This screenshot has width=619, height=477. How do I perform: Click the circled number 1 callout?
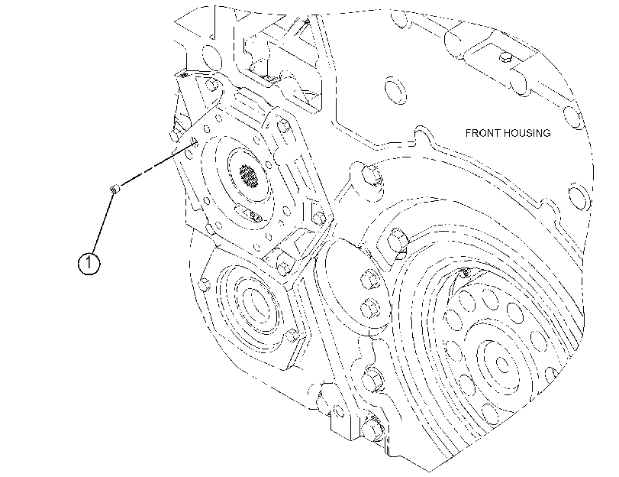89,263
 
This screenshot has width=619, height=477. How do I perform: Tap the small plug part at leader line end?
114,190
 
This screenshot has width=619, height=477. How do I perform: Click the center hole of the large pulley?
501,364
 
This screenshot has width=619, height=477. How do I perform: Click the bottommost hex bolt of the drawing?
371,427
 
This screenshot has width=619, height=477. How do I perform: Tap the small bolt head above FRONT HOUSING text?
506,58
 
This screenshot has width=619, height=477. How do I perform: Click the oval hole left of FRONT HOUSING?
395,90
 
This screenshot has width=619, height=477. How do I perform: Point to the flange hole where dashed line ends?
195,142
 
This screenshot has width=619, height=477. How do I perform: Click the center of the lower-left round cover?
253,303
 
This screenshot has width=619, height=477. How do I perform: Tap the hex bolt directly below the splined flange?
282,266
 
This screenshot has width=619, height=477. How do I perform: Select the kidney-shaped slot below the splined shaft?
249,213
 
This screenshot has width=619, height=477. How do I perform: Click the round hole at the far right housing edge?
579,196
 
